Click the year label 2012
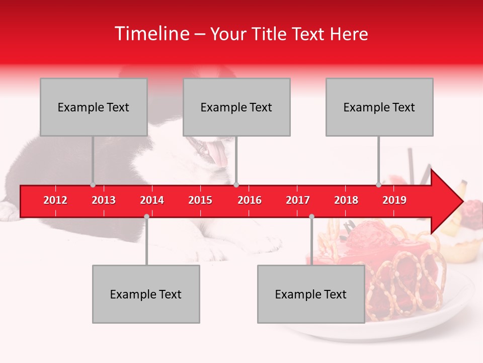pos(55,200)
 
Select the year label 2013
pos(104,200)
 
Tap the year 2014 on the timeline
pos(152,200)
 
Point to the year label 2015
pos(200,200)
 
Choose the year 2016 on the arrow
pos(250,200)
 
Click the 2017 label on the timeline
pos(298,200)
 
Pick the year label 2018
pos(346,200)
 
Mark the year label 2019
pos(394,200)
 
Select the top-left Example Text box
pos(94,107)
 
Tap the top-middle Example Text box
pos(236,107)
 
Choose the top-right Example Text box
pos(379,107)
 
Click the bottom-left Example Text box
pos(146,294)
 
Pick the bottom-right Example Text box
pos(311,294)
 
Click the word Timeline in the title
pos(152,34)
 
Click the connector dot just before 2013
pos(93,185)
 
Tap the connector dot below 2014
pos(146,216)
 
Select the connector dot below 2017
pos(311,216)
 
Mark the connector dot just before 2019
pos(378,185)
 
